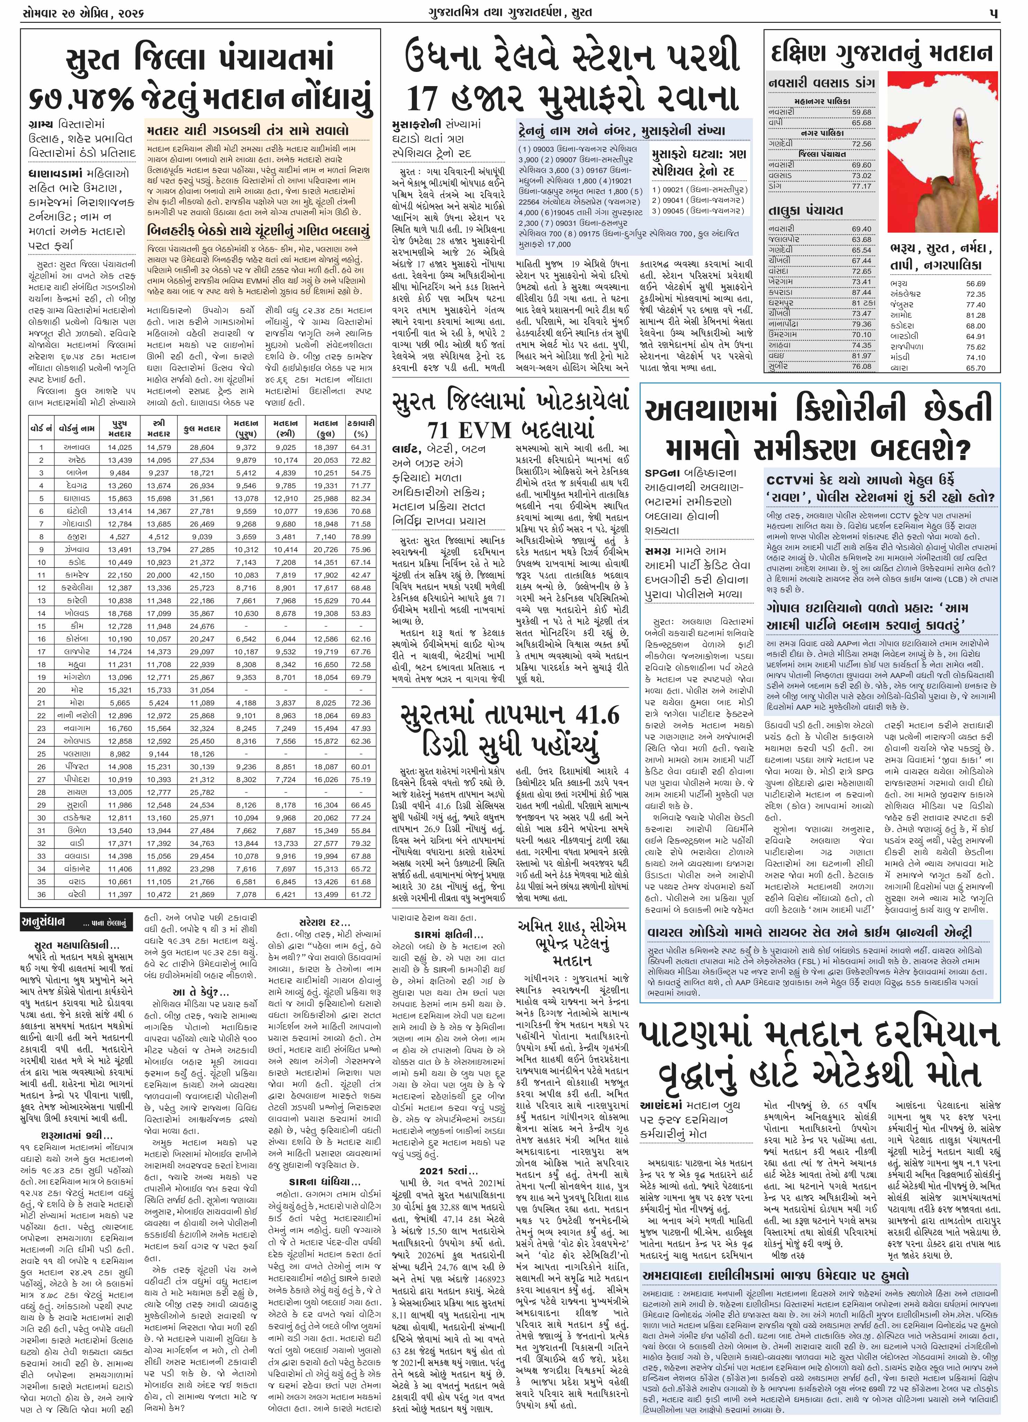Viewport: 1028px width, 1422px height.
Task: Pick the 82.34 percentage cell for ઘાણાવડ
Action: (361, 498)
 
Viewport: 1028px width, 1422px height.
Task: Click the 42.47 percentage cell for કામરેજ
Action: (361, 575)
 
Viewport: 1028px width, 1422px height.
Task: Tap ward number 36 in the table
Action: (42, 894)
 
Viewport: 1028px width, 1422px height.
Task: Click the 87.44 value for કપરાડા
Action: (861, 292)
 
